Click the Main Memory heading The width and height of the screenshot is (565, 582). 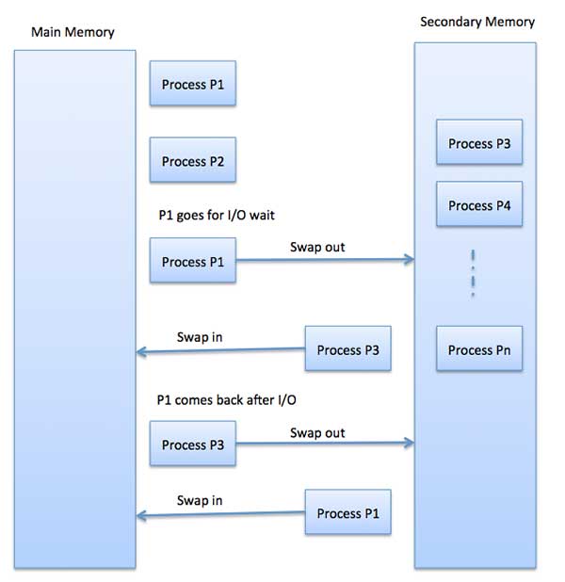73,32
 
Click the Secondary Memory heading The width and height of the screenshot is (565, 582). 476,22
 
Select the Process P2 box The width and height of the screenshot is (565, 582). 192,162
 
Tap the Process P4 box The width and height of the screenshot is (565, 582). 478,205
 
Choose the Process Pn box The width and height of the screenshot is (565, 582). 478,350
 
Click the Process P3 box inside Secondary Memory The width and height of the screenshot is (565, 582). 478,144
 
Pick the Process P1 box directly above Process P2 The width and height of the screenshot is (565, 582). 192,85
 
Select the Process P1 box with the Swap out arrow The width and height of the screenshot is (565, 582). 192,262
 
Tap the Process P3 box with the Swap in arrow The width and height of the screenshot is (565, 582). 347,350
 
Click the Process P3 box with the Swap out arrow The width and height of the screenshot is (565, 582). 192,445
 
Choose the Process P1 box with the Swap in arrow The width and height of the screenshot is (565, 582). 347,513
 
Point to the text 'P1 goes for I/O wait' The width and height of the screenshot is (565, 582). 217,216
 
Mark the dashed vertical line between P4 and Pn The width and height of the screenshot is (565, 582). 473,274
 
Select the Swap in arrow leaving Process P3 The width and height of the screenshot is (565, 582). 221,352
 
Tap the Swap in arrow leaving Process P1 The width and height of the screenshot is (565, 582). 221,515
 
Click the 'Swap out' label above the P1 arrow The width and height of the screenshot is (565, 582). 317,247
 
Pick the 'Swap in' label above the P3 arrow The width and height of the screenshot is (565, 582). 200,336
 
